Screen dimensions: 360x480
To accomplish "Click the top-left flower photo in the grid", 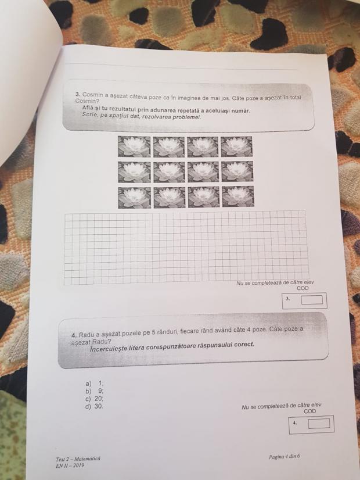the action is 134,146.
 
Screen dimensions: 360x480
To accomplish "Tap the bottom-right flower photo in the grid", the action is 238,196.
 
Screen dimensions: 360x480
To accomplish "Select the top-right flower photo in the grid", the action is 236,146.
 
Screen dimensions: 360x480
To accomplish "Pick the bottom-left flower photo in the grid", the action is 135,198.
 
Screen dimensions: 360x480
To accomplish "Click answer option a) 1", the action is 95,384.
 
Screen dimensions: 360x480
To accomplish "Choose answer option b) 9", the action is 95,391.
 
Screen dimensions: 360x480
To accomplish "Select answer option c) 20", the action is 95,399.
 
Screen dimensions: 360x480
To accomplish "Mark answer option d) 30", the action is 95,407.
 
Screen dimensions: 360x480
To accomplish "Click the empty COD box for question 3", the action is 312,300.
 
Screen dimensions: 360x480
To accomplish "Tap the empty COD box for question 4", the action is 319,424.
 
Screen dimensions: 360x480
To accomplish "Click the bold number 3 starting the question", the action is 78,94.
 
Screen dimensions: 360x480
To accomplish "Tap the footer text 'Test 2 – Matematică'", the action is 78,459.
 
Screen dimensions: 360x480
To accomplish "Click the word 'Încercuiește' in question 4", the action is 107,348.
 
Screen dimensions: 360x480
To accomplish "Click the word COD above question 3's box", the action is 303,288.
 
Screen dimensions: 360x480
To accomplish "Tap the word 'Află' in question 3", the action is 87,108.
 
